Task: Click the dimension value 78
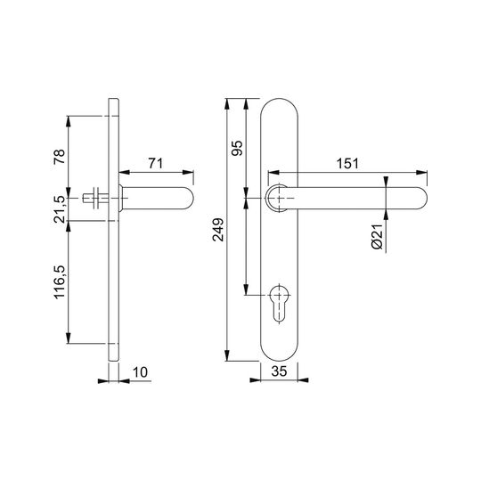[x=60, y=157]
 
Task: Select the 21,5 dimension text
[x=60, y=209]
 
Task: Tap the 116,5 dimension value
[x=60, y=282]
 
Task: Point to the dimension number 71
[x=156, y=164]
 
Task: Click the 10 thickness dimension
[x=140, y=372]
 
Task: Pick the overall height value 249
[x=218, y=230]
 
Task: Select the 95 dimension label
[x=237, y=148]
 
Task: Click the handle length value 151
[x=347, y=164]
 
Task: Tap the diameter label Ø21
[x=378, y=237]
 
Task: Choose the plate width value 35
[x=279, y=371]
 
